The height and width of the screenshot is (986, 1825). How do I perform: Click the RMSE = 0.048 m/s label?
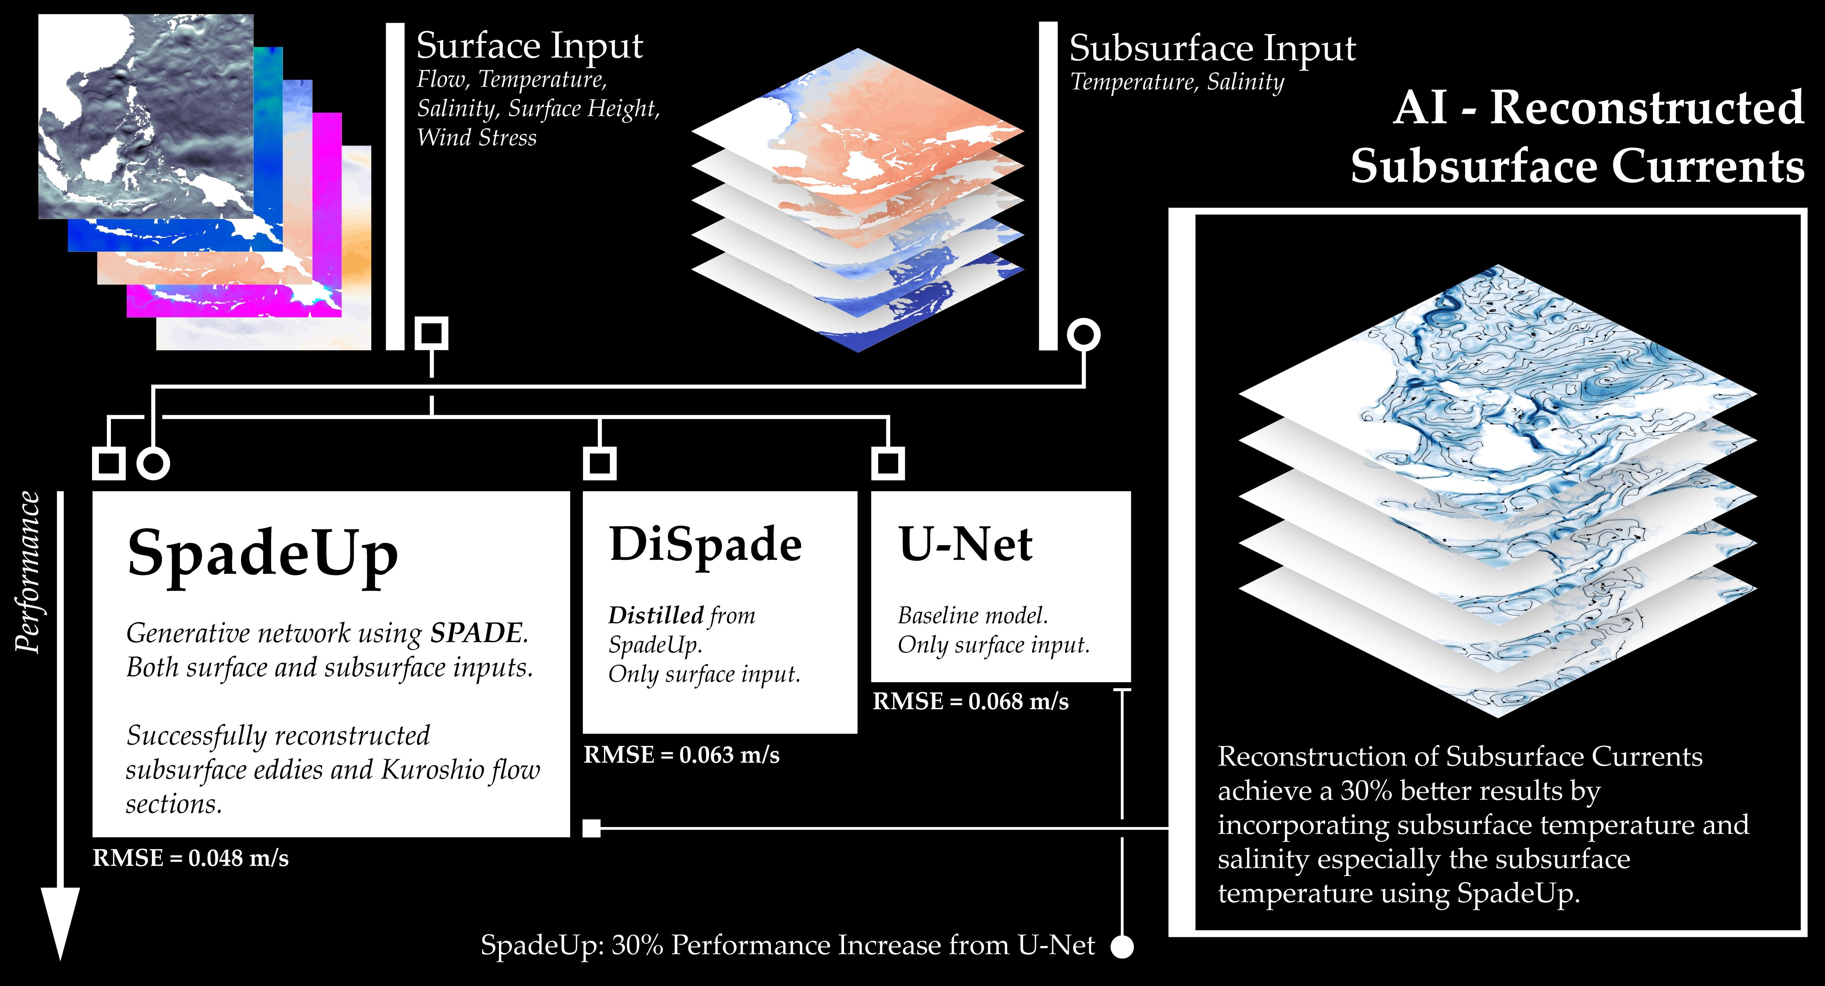tap(191, 859)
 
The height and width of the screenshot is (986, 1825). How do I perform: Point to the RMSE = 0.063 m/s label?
tap(681, 755)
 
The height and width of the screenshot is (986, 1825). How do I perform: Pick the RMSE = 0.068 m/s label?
tap(971, 701)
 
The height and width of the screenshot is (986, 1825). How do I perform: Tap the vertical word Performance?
tap(28, 572)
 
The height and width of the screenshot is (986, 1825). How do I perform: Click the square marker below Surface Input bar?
tap(432, 333)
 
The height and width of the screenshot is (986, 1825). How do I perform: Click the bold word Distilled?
tap(655, 615)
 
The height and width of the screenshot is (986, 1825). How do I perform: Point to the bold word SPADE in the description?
tap(476, 633)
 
